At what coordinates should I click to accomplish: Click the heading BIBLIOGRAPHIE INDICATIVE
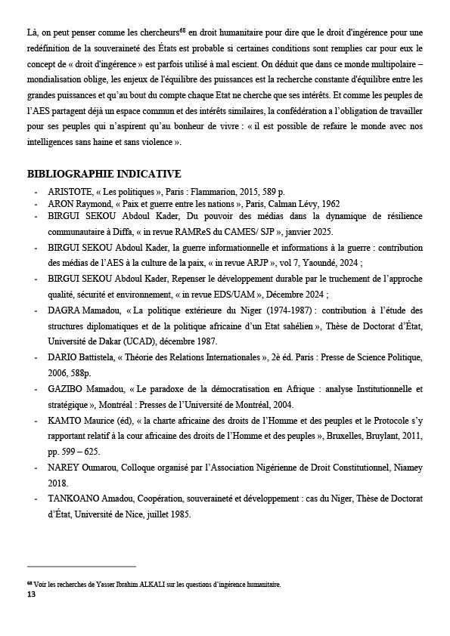coord(104,174)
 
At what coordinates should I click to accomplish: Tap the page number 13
coord(31,595)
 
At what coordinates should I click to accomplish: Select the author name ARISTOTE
coord(70,192)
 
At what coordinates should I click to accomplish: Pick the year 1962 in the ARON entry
coord(330,204)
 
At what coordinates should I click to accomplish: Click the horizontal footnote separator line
coord(81,566)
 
